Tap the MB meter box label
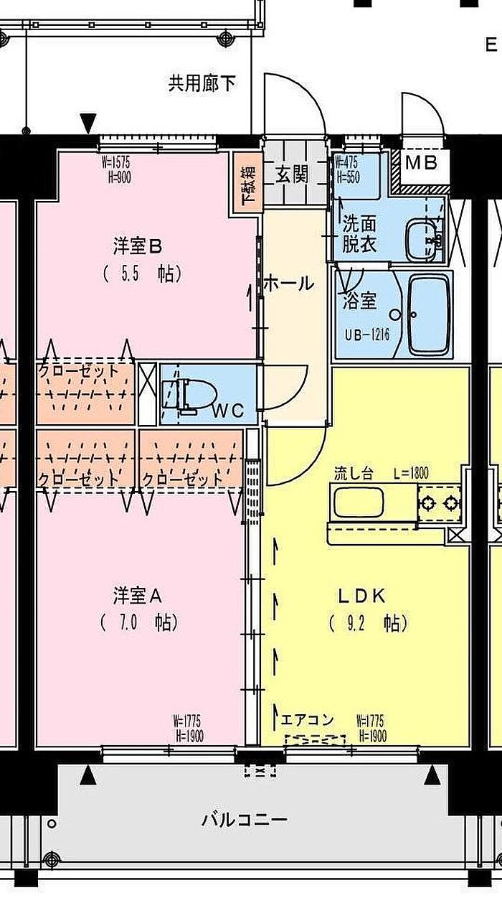pos(421,162)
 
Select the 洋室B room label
pos(138,246)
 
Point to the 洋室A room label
pos(138,595)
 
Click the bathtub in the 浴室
pos(429,314)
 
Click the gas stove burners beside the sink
pos(438,502)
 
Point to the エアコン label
pos(307,719)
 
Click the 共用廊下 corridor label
pos(202,84)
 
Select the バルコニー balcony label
pos(245,819)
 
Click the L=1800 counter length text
pos(411,473)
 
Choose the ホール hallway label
pos(288,283)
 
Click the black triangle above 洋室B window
pos(87,123)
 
